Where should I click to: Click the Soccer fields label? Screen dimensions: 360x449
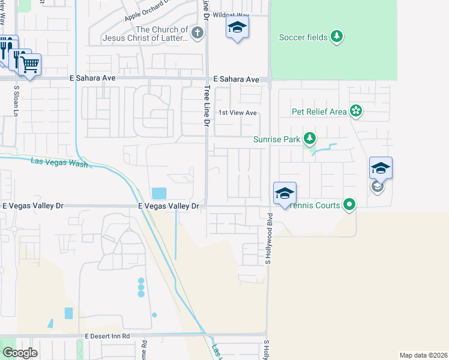[303, 37]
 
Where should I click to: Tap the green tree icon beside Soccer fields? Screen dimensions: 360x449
[337, 37]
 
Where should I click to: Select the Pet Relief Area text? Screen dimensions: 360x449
[319, 112]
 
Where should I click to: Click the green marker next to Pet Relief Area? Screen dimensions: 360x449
[356, 110]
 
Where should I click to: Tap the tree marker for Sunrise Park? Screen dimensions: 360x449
[309, 139]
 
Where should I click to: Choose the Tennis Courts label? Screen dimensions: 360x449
[315, 205]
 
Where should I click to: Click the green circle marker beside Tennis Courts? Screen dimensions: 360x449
[349, 205]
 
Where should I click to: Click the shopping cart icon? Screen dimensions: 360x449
[29, 64]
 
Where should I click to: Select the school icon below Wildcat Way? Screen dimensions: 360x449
[238, 27]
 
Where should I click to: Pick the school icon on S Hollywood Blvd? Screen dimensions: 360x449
[285, 193]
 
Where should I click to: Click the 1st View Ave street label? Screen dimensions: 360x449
[237, 113]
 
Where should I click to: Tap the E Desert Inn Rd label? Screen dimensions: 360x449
[107, 337]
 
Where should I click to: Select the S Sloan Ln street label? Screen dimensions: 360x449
[16, 100]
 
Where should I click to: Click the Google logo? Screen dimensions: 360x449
[19, 353]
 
